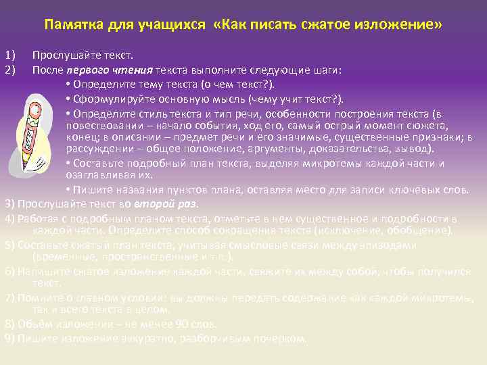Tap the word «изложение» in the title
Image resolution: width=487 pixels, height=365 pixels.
404,25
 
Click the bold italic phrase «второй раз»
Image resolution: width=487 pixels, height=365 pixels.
172,203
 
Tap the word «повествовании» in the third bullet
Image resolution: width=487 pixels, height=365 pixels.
101,125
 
